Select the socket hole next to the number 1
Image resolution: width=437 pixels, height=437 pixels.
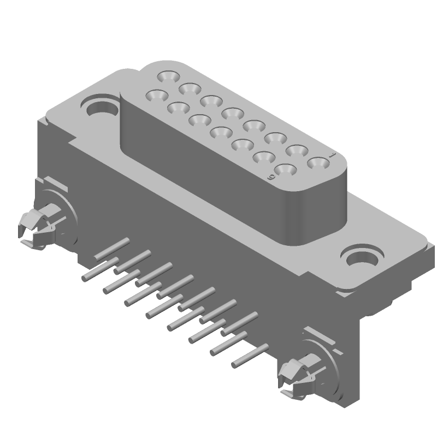pos(316,162)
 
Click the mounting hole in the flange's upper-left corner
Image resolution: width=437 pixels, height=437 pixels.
pos(101,105)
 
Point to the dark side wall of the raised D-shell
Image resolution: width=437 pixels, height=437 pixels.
pos(208,180)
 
